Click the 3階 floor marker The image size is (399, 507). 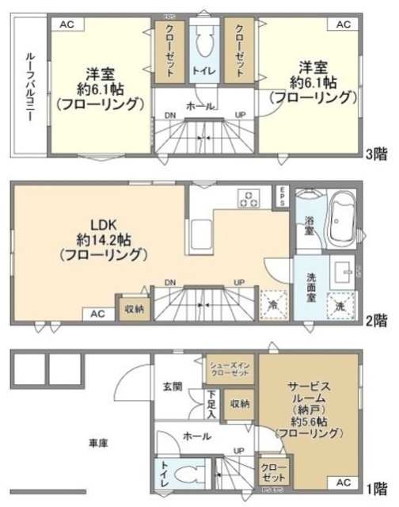[376, 152]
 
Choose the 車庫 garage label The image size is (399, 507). [97, 444]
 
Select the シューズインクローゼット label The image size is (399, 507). [230, 368]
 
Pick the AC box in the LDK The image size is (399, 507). [97, 314]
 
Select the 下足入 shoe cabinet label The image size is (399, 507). [212, 404]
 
